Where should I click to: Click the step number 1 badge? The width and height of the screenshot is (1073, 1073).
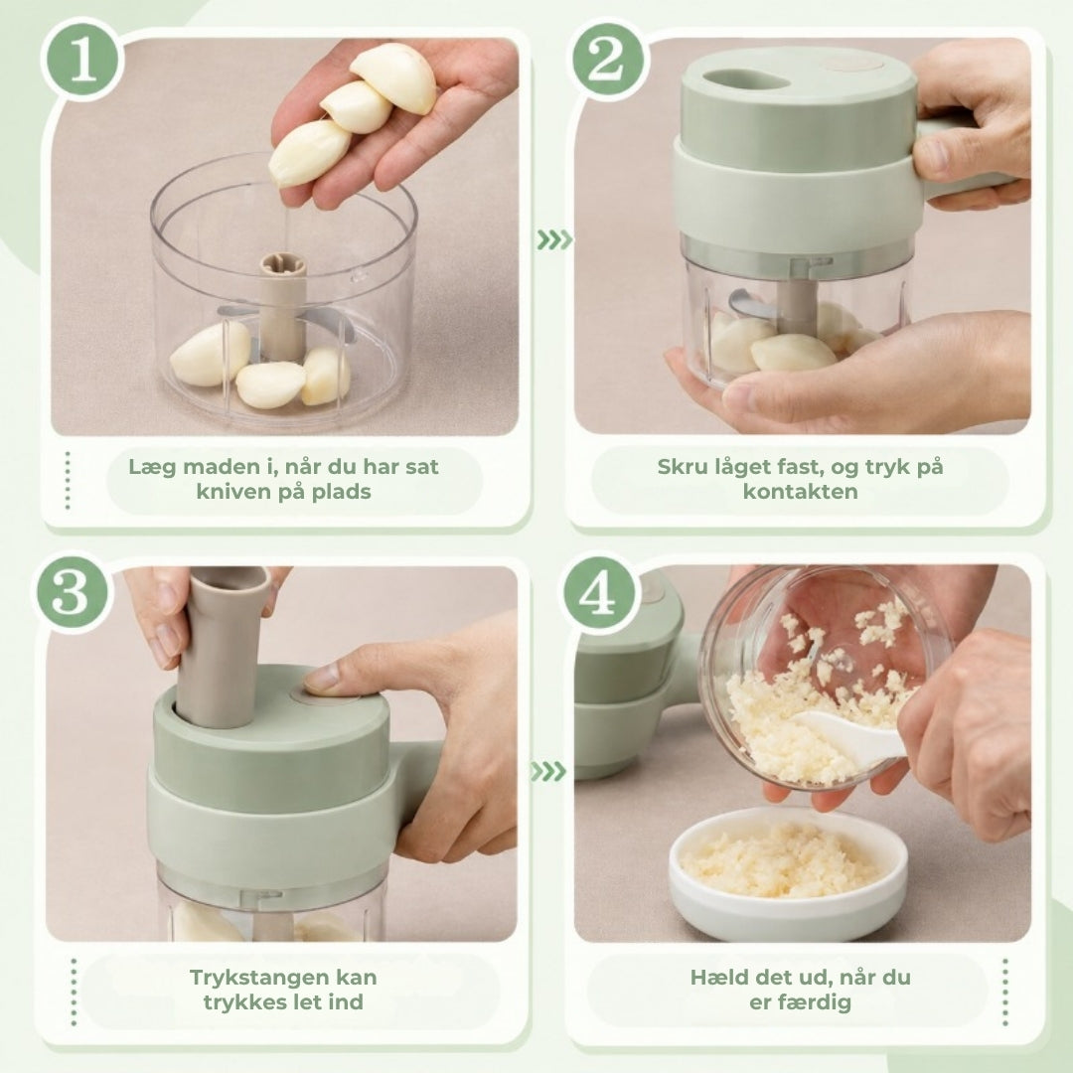(x=82, y=60)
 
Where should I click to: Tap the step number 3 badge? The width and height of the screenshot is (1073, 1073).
(x=72, y=592)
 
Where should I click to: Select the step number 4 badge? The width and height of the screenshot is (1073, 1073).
(x=597, y=592)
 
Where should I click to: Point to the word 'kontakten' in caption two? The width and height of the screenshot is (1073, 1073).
(x=800, y=492)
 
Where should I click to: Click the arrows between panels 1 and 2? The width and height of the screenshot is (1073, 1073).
(x=554, y=240)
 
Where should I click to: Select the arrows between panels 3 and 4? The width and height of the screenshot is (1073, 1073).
(x=548, y=772)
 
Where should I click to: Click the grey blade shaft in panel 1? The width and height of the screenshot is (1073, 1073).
(x=282, y=305)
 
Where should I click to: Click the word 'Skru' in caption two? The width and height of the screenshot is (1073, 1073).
(x=681, y=467)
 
